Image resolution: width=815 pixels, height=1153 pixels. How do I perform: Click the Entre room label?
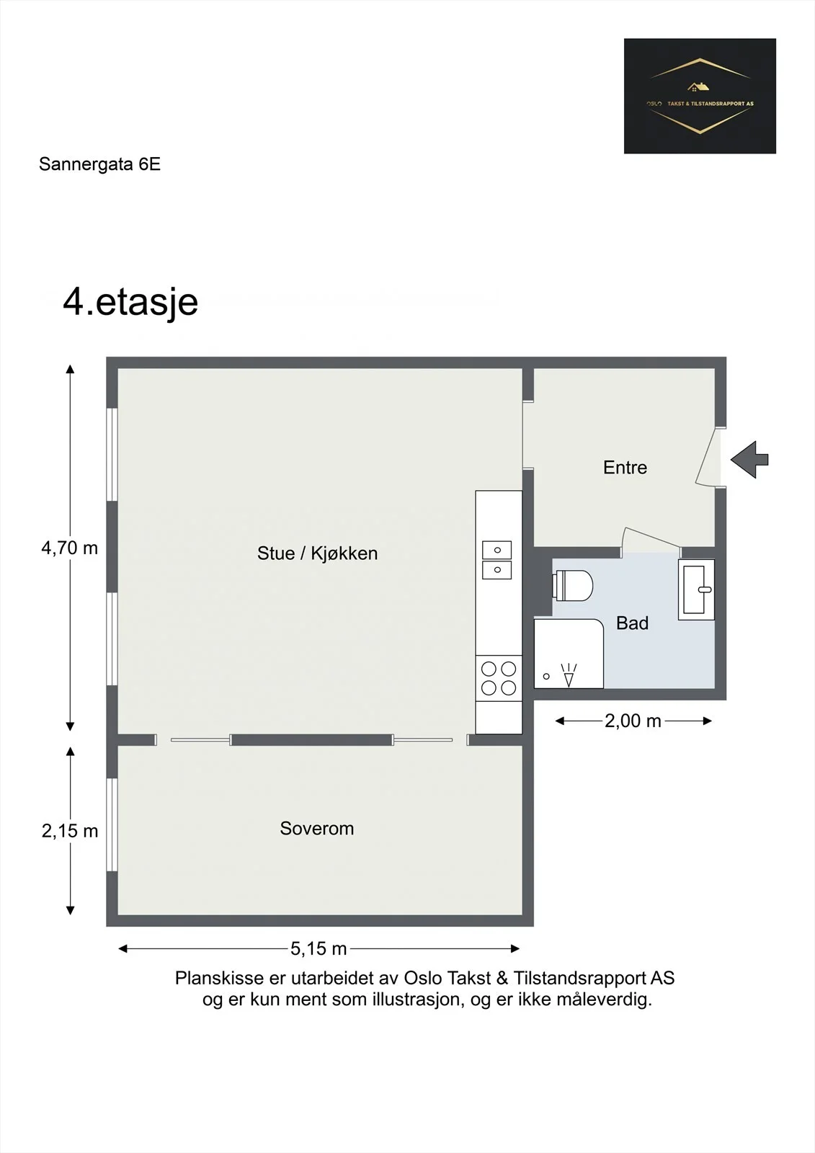(625, 468)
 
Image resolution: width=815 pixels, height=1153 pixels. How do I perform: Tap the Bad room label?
(632, 623)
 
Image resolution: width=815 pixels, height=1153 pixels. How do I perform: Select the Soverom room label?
(316, 828)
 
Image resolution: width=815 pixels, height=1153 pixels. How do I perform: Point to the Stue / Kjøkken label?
(317, 553)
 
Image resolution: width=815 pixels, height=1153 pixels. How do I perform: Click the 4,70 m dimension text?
(69, 548)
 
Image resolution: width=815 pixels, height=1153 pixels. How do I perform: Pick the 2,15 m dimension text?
(69, 831)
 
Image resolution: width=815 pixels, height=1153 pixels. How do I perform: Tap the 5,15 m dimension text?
(319, 948)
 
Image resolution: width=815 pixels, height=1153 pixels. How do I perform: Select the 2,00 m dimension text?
(633, 721)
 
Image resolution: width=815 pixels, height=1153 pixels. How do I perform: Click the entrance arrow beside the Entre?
(749, 460)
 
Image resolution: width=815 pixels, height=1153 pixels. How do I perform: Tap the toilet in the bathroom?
(572, 585)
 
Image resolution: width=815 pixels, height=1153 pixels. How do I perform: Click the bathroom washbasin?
(696, 589)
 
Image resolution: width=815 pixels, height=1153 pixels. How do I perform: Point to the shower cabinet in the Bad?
(569, 653)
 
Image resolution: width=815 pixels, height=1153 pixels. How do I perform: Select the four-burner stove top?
(499, 678)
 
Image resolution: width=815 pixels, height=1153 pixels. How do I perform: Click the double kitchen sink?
(496, 560)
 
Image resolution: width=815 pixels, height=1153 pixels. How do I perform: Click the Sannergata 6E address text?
(100, 164)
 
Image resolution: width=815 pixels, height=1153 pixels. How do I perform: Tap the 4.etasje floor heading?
(130, 302)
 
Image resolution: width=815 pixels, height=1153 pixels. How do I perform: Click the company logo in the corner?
(700, 96)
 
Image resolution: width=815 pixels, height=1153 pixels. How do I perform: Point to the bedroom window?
(112, 825)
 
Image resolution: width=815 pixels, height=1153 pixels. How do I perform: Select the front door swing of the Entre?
(706, 457)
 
